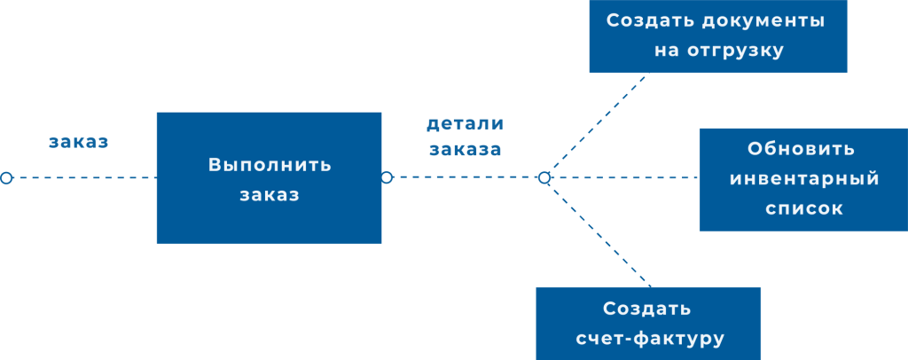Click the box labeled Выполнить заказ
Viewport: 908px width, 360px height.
click(269, 177)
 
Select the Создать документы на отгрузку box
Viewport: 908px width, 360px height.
click(717, 35)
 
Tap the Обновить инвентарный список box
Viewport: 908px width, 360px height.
click(802, 179)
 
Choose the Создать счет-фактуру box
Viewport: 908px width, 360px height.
click(648, 323)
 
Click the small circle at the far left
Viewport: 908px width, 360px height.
click(6, 177)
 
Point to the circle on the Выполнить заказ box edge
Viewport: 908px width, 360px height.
click(387, 177)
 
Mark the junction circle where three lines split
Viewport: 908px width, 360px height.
click(544, 177)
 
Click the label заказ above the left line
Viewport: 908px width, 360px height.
click(79, 142)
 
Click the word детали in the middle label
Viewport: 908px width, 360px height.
click(465, 124)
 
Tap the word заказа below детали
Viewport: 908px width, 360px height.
click(465, 149)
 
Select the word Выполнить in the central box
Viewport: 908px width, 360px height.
click(270, 165)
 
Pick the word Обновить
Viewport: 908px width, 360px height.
click(802, 148)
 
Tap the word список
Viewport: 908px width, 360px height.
click(803, 209)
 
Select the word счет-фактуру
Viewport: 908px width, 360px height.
click(650, 339)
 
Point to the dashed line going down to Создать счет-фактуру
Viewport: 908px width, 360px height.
click(599, 232)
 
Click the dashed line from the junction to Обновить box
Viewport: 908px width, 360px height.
click(621, 177)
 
